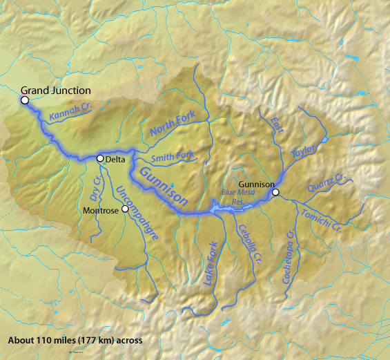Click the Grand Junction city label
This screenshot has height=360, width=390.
click(56, 91)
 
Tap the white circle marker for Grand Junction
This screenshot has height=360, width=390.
click(25, 100)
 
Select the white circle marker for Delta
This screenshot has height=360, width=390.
click(100, 158)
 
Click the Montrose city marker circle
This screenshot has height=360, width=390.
click(125, 208)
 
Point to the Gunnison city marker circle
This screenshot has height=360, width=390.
click(275, 193)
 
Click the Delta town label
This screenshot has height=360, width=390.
click(115, 160)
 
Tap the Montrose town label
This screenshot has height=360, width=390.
click(101, 209)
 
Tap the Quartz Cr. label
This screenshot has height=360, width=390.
click(327, 186)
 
